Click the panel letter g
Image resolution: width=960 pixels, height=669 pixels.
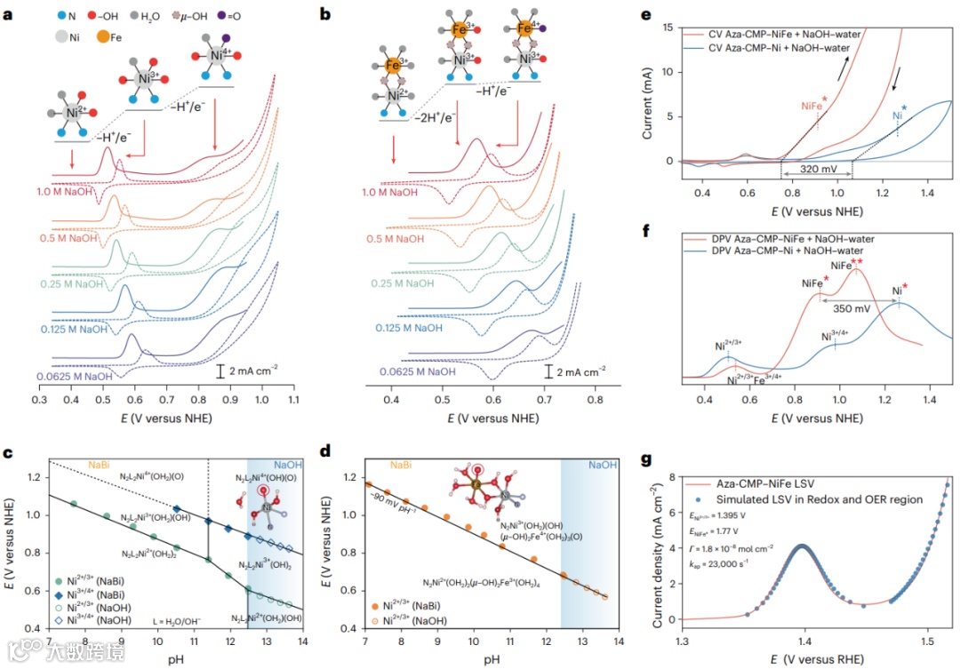pos(649,460)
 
